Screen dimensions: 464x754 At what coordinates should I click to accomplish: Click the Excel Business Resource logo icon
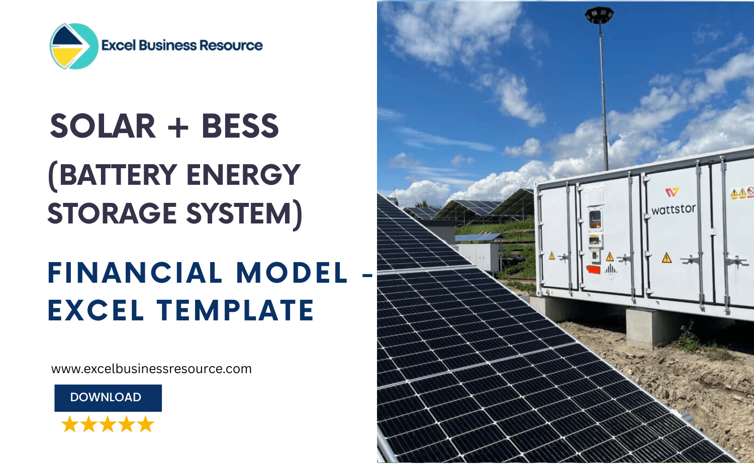click(73, 46)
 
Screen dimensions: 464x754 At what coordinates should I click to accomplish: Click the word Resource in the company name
click(231, 46)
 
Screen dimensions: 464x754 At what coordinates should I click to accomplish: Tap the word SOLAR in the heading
click(103, 126)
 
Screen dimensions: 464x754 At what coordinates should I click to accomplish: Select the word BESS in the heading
click(240, 126)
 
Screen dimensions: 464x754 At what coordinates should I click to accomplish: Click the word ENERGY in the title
click(243, 175)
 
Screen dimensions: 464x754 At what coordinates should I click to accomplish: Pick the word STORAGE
click(112, 213)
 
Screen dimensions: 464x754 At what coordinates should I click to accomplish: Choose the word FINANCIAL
click(135, 273)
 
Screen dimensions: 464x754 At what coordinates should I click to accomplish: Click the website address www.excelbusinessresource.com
click(151, 369)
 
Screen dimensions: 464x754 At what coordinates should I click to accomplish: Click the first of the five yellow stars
click(70, 424)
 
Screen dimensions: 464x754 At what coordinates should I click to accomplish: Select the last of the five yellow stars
click(146, 424)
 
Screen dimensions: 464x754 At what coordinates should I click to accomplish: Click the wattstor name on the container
click(674, 209)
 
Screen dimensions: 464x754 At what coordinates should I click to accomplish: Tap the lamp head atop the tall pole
click(599, 15)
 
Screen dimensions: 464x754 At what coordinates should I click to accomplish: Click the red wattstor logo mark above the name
click(672, 192)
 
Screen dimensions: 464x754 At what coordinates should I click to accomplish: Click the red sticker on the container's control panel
click(594, 270)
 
